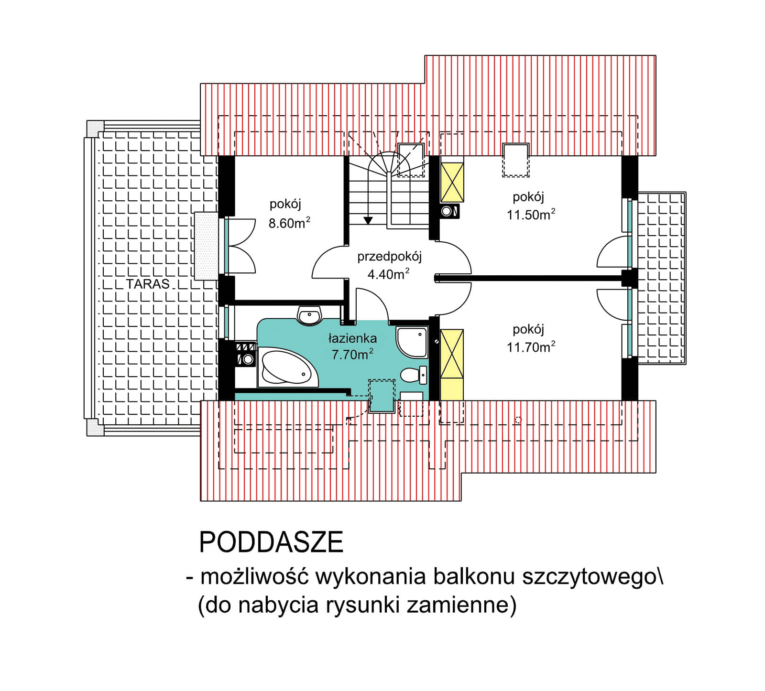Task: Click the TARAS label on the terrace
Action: click(148, 283)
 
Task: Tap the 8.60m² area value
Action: click(289, 223)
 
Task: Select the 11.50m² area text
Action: click(531, 215)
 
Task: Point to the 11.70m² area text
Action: click(531, 347)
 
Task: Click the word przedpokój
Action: click(389, 257)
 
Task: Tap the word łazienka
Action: click(352, 338)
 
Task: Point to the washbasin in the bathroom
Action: click(310, 315)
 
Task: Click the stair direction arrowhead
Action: click(368, 220)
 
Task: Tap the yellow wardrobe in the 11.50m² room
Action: click(452, 182)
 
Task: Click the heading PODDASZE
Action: click(271, 542)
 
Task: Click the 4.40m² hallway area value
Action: click(388, 274)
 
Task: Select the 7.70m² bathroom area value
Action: click(352, 355)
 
